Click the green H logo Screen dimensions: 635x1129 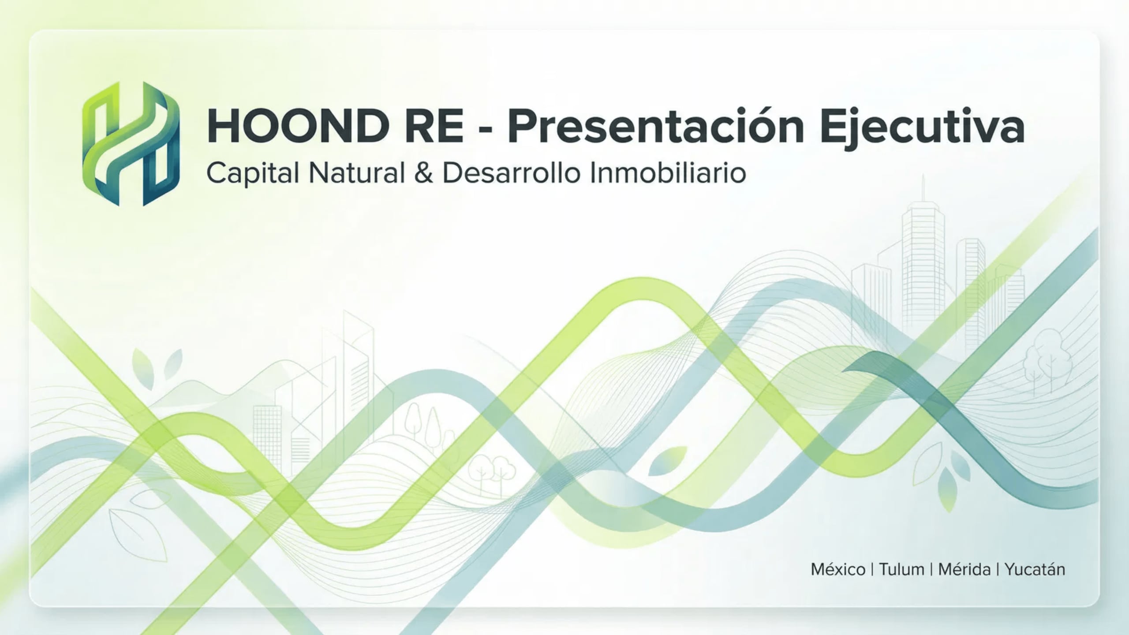pos(131,144)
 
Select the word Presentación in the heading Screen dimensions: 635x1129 pos(655,127)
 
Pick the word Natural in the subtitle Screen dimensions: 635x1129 pos(357,173)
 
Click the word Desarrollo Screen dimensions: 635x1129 pos(511,173)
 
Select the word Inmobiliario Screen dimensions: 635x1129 pos(667,173)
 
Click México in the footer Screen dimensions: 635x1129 pos(838,569)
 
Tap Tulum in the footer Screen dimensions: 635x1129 pos(901,569)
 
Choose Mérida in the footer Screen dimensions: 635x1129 pos(964,569)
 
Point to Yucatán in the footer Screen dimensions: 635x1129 pos(1035,569)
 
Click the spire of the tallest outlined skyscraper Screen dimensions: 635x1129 pos(923,185)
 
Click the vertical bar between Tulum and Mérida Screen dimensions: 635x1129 pos(931,569)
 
